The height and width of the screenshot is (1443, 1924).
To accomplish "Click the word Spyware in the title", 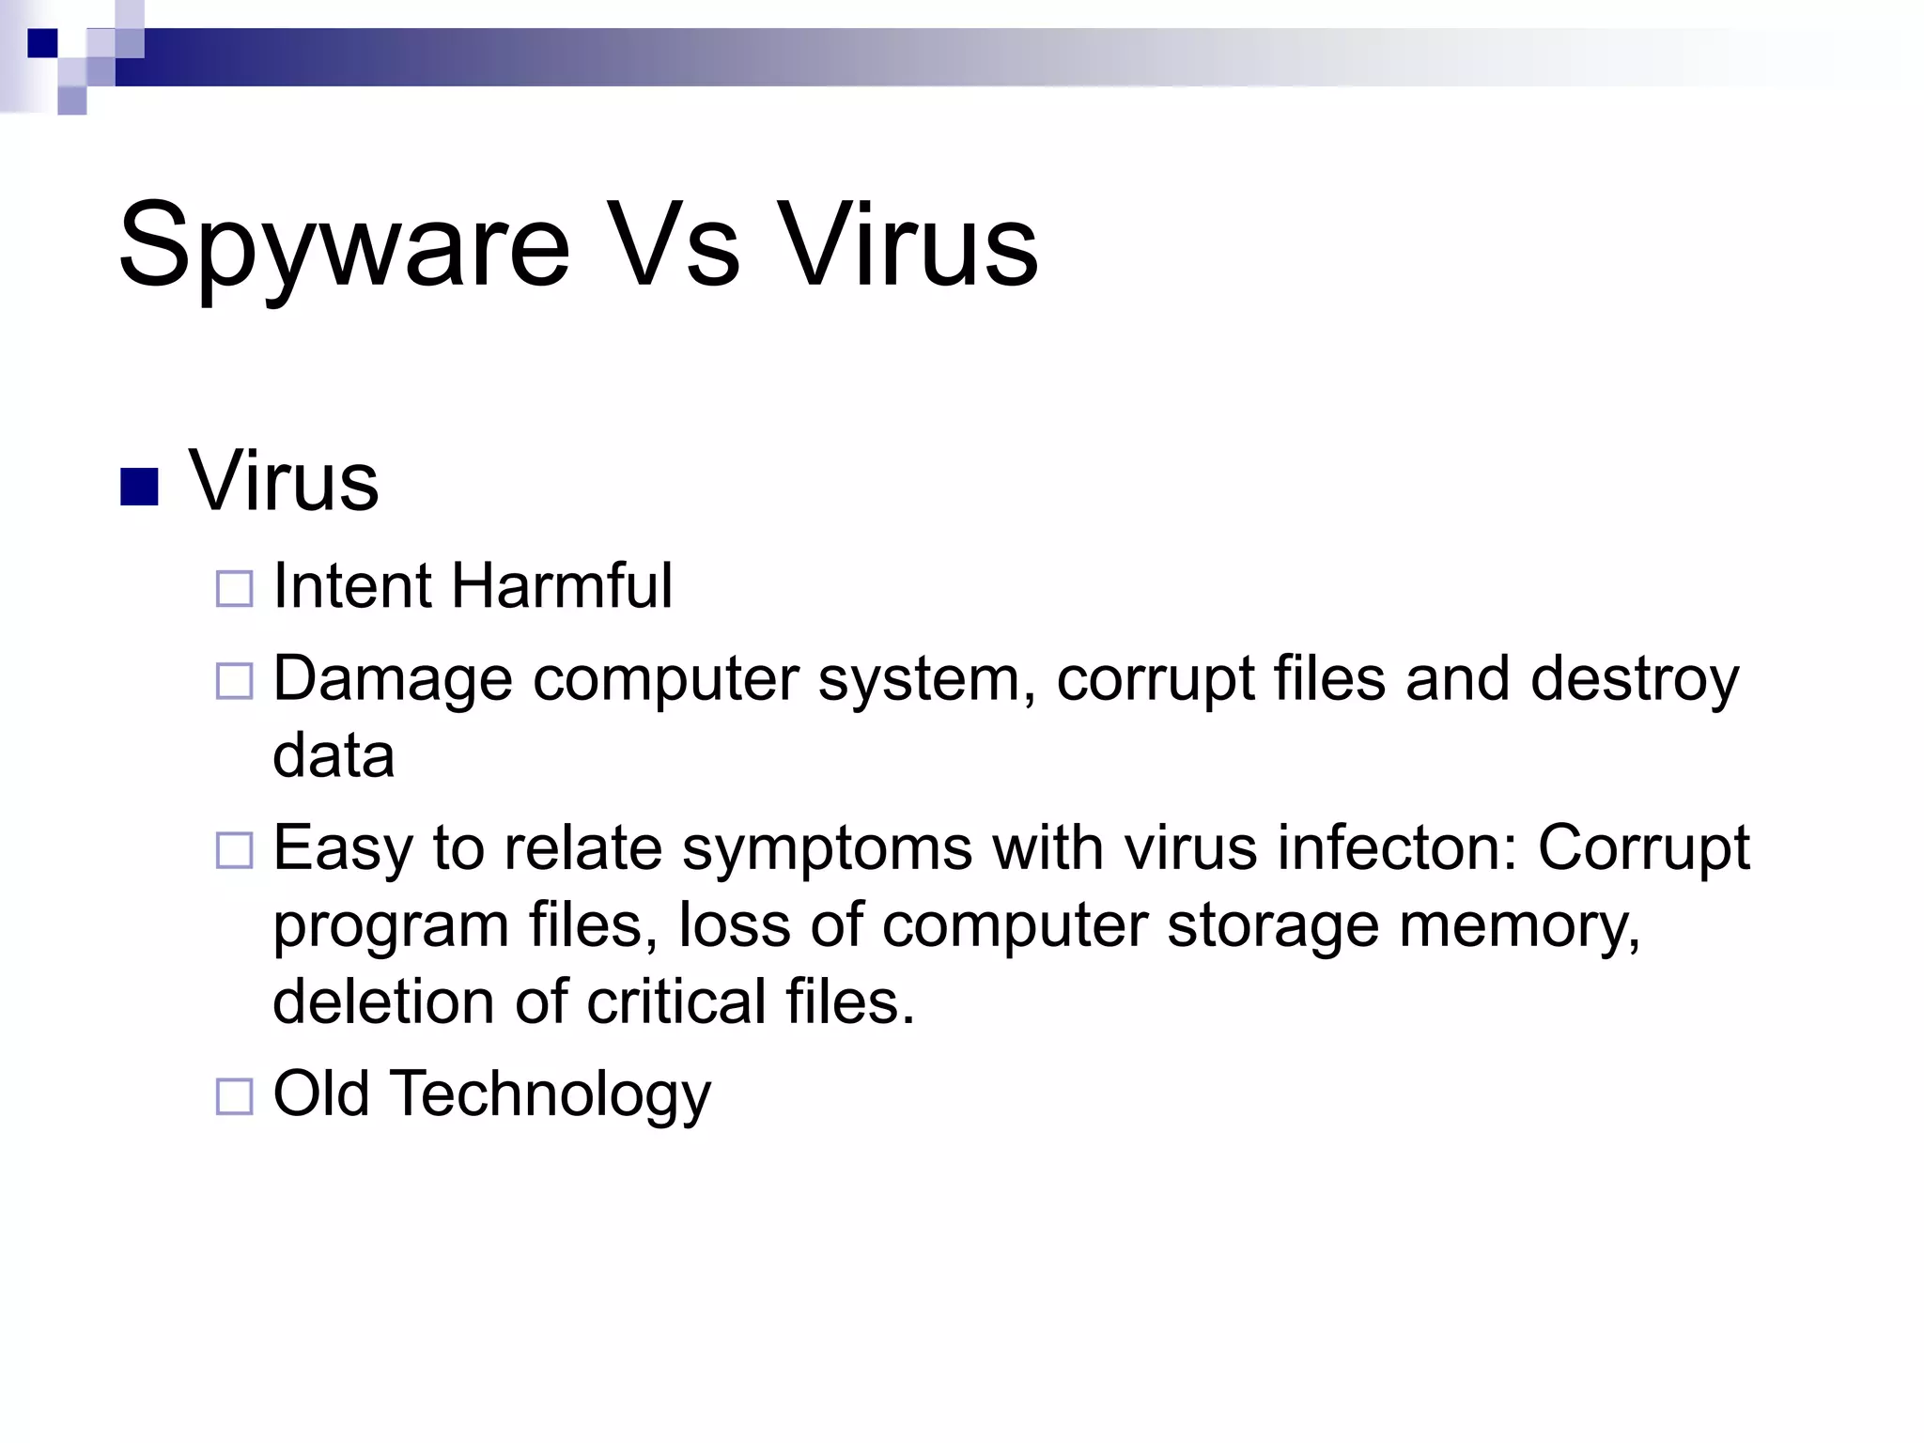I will pos(344,246).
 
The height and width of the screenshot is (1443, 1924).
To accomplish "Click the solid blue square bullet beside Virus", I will pos(139,487).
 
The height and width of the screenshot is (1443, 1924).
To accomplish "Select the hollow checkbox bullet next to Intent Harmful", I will pos(234,589).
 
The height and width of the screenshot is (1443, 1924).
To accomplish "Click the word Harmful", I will pos(561,586).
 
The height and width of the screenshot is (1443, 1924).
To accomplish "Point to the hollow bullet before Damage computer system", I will pos(234,681).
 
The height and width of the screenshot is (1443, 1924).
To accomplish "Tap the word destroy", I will pos(1634,680).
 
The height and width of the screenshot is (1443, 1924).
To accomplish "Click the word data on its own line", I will pos(334,755).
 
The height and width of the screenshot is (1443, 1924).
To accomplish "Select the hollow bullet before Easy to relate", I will pos(234,850).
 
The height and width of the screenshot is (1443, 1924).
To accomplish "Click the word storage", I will pos(1273,926).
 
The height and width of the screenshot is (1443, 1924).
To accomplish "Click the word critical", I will pos(676,1001).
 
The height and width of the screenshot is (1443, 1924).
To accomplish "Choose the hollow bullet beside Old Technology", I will pos(234,1096).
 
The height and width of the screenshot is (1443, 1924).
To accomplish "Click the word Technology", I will pos(551,1095).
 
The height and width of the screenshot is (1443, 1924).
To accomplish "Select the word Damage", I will pos(393,680).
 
